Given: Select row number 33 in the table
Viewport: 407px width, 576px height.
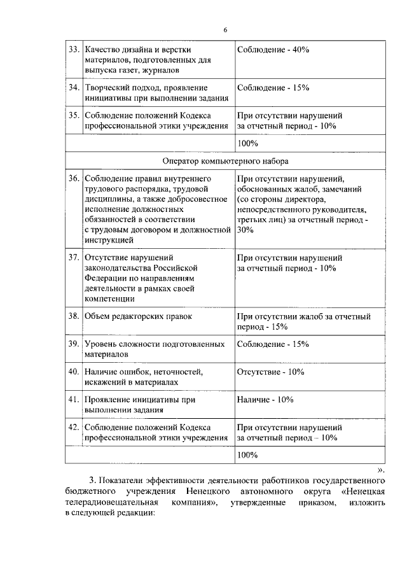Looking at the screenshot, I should [x=73, y=50].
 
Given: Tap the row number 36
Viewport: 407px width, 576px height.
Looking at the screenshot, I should [x=73, y=179].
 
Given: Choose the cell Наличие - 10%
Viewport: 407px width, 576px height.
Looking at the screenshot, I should [x=265, y=400].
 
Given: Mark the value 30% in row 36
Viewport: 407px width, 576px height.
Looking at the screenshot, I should [x=245, y=230].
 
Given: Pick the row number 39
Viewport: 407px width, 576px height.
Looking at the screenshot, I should [x=73, y=344].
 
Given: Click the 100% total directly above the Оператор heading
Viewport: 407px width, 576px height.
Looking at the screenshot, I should [x=247, y=144].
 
